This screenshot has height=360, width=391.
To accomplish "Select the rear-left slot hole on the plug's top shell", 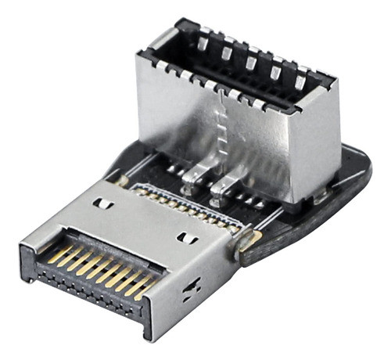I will point(101,203).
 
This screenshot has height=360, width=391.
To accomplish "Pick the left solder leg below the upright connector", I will point(190,182).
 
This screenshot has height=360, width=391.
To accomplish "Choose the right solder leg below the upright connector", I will point(221,186).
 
